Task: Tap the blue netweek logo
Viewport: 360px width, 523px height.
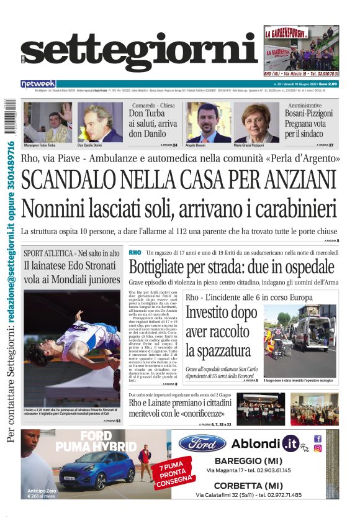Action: pos(38,84)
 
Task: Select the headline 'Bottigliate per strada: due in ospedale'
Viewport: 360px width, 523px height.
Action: pos(232,268)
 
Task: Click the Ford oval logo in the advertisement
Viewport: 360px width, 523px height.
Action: pos(202,443)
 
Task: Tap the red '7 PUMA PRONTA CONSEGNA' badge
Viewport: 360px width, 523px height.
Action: pos(158,474)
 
